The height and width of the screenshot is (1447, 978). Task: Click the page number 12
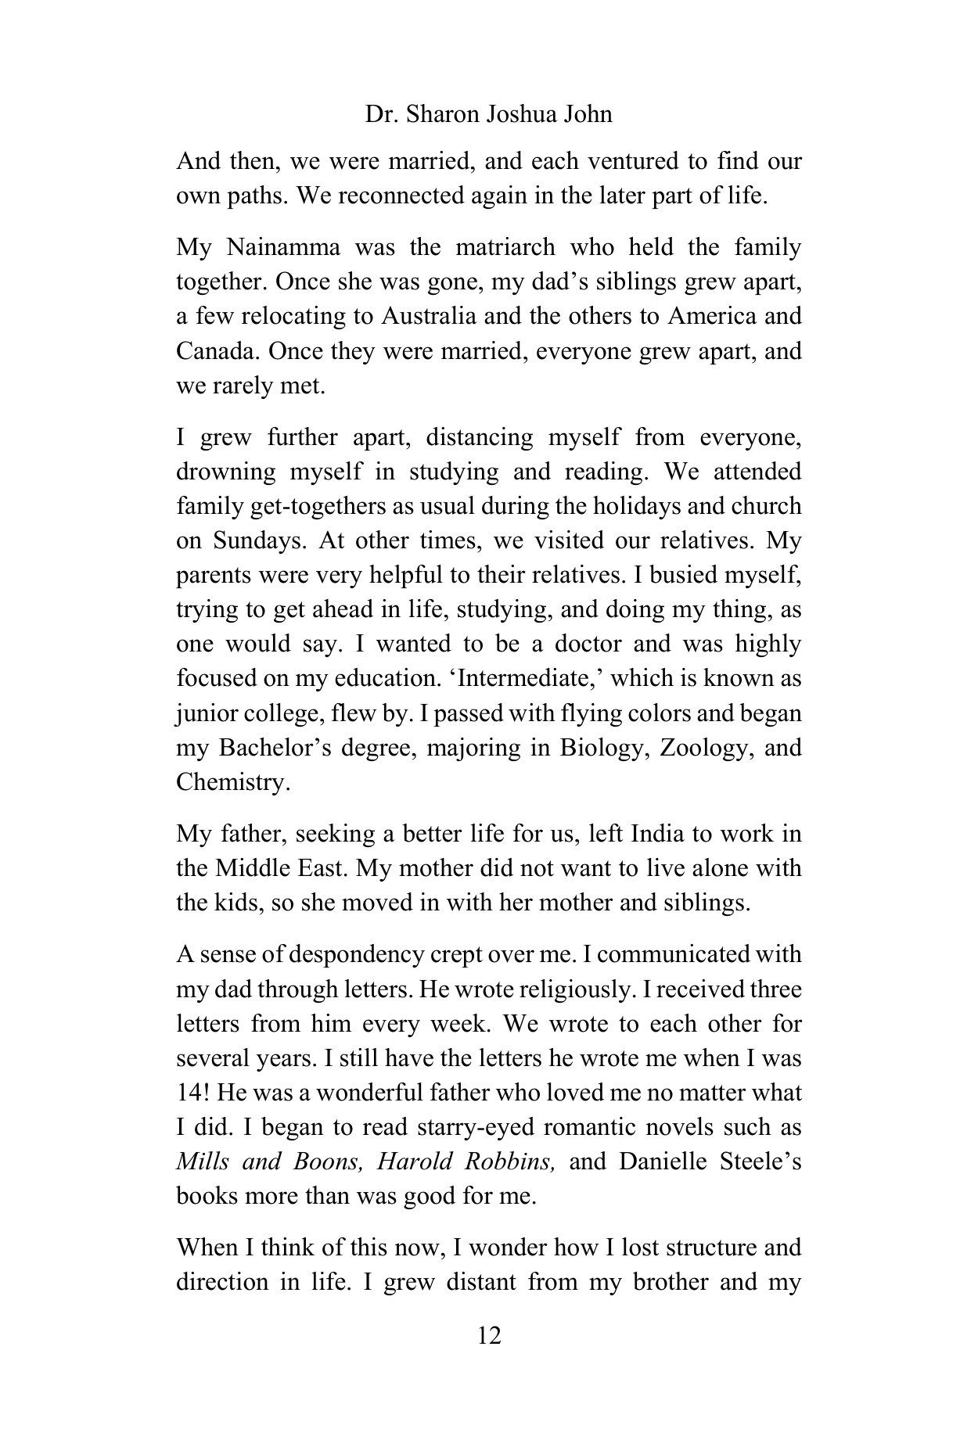click(488, 1335)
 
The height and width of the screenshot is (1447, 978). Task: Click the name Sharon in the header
click(437, 114)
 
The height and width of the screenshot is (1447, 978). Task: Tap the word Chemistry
click(232, 781)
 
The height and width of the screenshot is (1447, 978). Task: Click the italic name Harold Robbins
click(466, 1162)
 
